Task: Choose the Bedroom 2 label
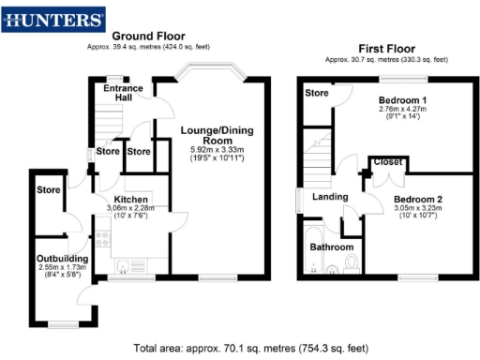[418, 199]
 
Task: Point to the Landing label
[330, 196]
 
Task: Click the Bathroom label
[332, 247]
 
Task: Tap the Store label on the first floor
[318, 93]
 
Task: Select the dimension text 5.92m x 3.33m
[211, 149]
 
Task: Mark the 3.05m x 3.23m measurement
[418, 209]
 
